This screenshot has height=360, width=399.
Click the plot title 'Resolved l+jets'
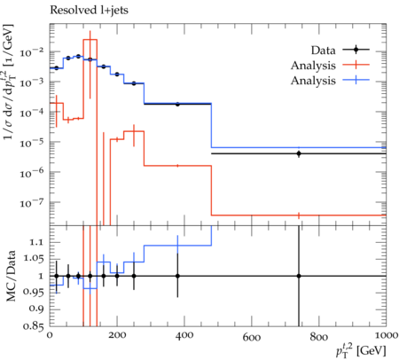coord(89,11)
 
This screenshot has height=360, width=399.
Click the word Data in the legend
coord(323,51)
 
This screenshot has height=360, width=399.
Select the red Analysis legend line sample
coord(356,65)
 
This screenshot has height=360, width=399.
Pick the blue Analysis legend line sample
coord(356,80)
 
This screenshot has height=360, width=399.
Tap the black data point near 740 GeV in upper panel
coord(299,153)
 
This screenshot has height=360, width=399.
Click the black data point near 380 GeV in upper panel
coord(177,104)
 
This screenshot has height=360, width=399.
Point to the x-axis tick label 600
coord(252,337)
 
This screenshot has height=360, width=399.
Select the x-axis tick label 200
coord(117,335)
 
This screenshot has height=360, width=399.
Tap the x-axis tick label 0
coord(50,335)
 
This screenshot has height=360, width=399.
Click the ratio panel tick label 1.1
coord(35,242)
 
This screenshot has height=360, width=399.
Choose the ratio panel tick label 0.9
coord(35,309)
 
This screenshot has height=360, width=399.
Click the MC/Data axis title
coord(11,276)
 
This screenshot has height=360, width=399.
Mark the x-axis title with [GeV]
coord(361,351)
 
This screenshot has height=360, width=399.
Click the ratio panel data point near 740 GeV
coord(299,276)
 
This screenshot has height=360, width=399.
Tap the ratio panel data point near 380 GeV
coord(177,276)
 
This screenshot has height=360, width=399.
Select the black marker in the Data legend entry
coord(356,50)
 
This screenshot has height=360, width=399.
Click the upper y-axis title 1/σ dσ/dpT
coord(10,82)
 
